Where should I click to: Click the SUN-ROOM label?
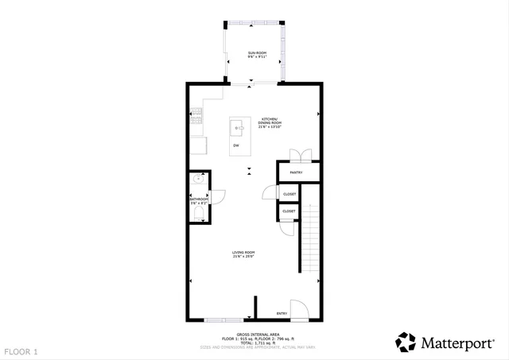coord(256,52)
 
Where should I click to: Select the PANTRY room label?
coord(296,172)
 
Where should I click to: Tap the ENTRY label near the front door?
coord(282,313)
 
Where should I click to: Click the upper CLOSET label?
coord(289,194)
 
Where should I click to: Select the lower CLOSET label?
coord(289,211)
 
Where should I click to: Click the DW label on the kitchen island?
coord(236,145)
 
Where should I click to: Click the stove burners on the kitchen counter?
coord(196,118)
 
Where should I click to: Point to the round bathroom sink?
coord(197,180)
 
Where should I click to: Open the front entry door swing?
coord(298,310)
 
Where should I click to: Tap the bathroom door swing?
coord(219,195)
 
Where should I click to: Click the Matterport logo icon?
coord(406,343)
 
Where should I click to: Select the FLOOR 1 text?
coord(21,350)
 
